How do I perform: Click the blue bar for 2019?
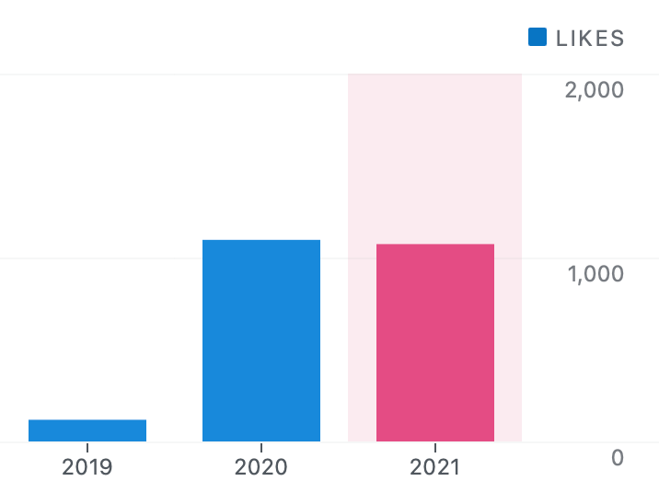click(87, 430)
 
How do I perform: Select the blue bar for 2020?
click(261, 341)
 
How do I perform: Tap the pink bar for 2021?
click(435, 343)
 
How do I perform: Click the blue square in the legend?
click(538, 37)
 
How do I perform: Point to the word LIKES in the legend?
click(590, 38)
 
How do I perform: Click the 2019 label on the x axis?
click(87, 466)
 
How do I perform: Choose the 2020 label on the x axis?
click(261, 466)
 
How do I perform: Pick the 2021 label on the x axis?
click(435, 466)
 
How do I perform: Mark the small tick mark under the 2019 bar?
click(87, 446)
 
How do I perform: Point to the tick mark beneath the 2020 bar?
click(261, 446)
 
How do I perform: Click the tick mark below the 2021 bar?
click(435, 446)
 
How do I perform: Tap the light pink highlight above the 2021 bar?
click(435, 156)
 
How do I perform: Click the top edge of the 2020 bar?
click(261, 241)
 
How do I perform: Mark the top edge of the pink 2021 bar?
click(435, 245)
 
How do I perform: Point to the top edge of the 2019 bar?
click(87, 420)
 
